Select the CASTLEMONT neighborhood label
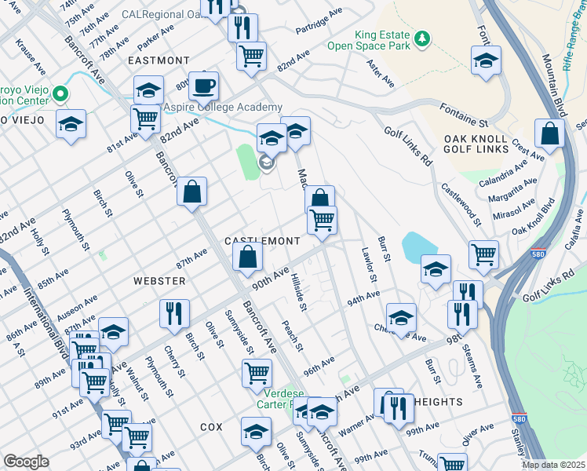(x=262, y=240)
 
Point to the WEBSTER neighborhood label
(x=159, y=280)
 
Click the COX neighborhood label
(x=211, y=426)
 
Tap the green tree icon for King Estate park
(x=422, y=38)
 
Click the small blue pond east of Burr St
(x=416, y=248)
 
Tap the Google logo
(x=26, y=462)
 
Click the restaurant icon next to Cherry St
(x=174, y=312)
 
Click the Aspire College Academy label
(x=222, y=108)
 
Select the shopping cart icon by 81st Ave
(x=145, y=119)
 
